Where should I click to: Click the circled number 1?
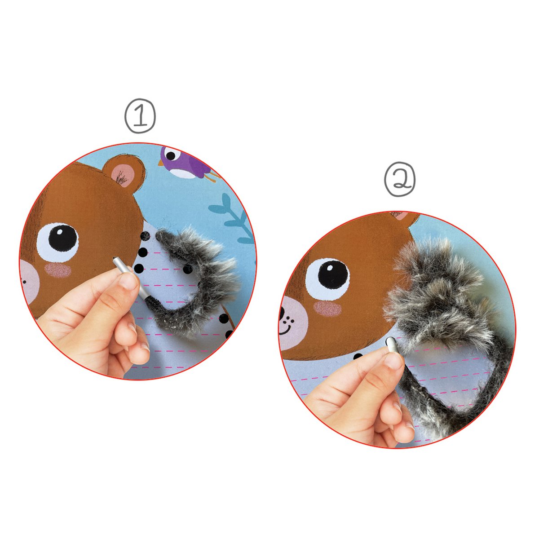tap(140, 116)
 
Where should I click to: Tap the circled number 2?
tap(400, 179)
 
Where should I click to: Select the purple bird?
tap(188, 163)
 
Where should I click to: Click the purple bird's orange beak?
tap(161, 163)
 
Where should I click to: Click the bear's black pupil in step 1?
tap(63, 238)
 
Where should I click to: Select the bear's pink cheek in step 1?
tap(57, 270)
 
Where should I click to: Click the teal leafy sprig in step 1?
tap(234, 218)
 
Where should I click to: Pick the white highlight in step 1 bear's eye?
tap(59, 231)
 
